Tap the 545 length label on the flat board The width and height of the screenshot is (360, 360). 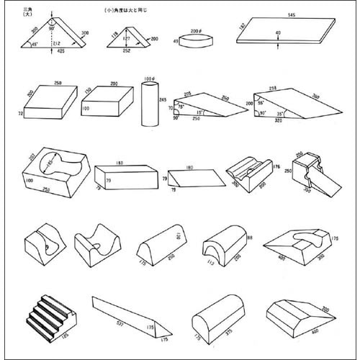tap(290, 14)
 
